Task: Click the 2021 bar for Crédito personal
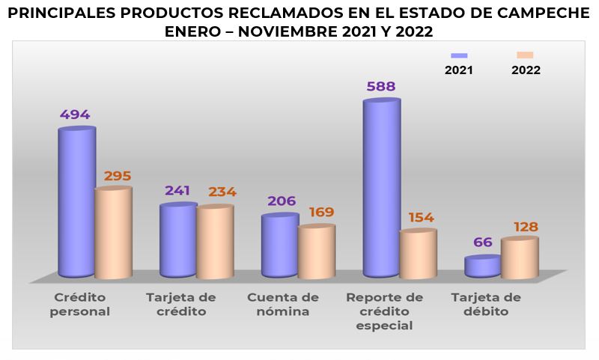[x=76, y=202]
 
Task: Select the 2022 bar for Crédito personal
[x=113, y=232]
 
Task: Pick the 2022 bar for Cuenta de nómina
[x=316, y=251]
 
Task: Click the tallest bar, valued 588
[x=381, y=187]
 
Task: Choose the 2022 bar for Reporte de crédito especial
[x=418, y=254]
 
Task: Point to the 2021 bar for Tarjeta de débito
[x=483, y=266]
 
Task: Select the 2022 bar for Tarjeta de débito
[x=520, y=257]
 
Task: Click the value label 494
[x=75, y=115]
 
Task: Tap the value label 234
[x=222, y=192]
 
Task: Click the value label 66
[x=483, y=242]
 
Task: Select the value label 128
[x=524, y=227]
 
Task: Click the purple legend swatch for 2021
[x=459, y=55]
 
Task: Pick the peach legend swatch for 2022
[x=525, y=55]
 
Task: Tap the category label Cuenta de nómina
[x=282, y=305]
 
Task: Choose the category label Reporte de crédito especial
[x=385, y=311]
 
